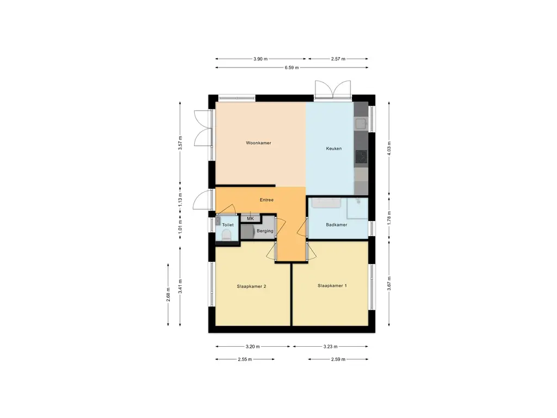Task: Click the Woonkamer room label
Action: click(258, 143)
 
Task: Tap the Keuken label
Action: click(334, 149)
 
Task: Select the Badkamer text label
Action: click(336, 225)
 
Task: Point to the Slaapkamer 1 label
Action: click(332, 285)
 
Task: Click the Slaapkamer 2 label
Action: click(251, 286)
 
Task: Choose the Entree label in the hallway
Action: click(267, 200)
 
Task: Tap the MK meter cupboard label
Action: click(250, 219)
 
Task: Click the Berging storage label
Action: click(265, 231)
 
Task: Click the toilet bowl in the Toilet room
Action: click(226, 235)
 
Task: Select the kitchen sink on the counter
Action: click(361, 124)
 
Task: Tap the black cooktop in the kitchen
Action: click(361, 156)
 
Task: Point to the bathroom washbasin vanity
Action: click(326, 203)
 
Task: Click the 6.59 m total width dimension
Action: click(292, 67)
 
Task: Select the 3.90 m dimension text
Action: click(261, 59)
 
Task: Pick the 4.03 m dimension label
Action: click(389, 149)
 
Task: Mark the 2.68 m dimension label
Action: click(169, 294)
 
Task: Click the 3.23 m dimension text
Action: click(330, 347)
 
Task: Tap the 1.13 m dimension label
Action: click(181, 200)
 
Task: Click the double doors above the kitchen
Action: click(333, 90)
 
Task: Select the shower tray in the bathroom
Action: click(357, 208)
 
